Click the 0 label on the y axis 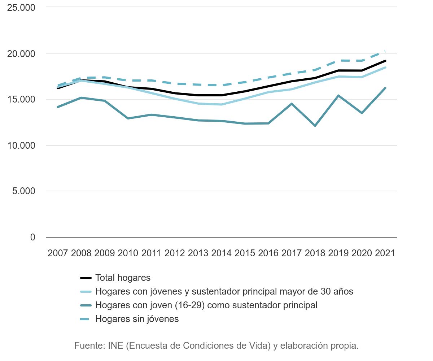coord(33,237)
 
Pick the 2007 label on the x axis coord(58,253)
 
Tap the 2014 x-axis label coord(221,253)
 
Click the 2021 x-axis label coord(385,253)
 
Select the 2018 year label coord(315,253)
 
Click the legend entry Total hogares coord(123,278)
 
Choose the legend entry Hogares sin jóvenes coord(137,319)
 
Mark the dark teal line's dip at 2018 coord(315,126)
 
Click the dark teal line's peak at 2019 coord(338,96)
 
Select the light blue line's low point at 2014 coord(221,105)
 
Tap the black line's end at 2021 coord(385,61)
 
